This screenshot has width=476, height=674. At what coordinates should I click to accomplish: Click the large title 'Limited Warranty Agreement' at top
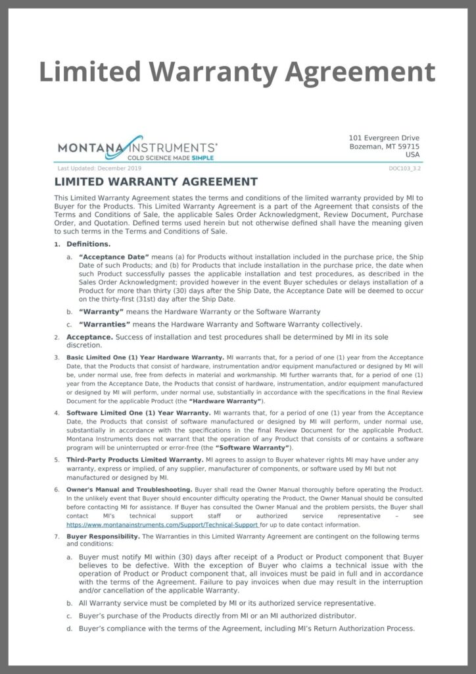tap(237, 72)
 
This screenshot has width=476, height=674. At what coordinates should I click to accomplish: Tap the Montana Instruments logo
tap(137, 147)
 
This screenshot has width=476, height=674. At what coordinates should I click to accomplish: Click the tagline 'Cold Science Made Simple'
tap(170, 158)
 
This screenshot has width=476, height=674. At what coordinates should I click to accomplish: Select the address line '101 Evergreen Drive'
tap(383, 138)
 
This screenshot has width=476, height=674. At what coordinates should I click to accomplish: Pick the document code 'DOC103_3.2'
tap(405, 168)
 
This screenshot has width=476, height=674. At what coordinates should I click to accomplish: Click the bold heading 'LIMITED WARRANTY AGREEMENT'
tap(156, 182)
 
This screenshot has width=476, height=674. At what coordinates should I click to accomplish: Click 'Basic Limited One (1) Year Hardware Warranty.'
tap(145, 357)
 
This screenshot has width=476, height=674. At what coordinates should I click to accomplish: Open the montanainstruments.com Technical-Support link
tap(162, 525)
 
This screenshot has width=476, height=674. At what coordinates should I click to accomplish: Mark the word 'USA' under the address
tap(412, 155)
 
